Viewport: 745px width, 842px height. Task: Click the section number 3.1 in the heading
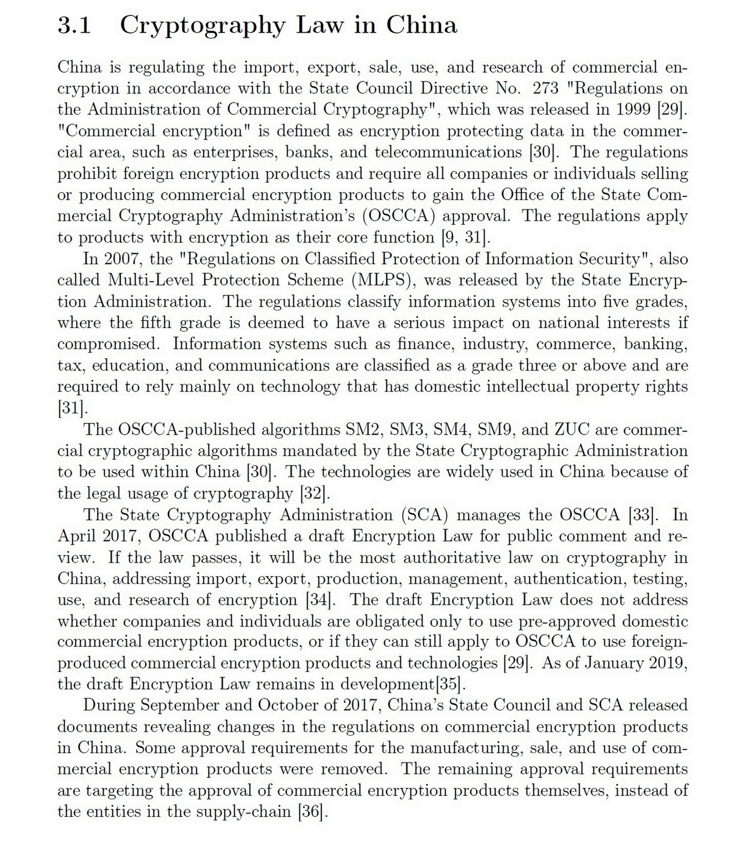point(74,25)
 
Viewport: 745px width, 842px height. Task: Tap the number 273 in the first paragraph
point(546,88)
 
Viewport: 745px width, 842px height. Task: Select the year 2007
point(123,259)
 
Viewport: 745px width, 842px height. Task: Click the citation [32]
point(315,494)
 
